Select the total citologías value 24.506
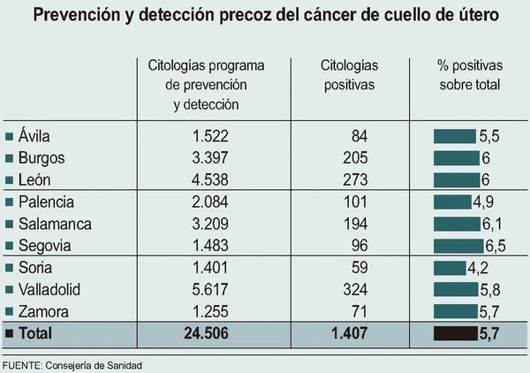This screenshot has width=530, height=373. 209,334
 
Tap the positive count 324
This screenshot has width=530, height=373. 353,290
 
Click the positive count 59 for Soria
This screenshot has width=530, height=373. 359,268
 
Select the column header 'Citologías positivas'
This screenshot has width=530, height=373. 349,75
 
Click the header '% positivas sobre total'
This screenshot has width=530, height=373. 469,75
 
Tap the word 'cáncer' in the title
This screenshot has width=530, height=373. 322,16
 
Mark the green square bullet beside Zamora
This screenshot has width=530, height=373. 10,312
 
